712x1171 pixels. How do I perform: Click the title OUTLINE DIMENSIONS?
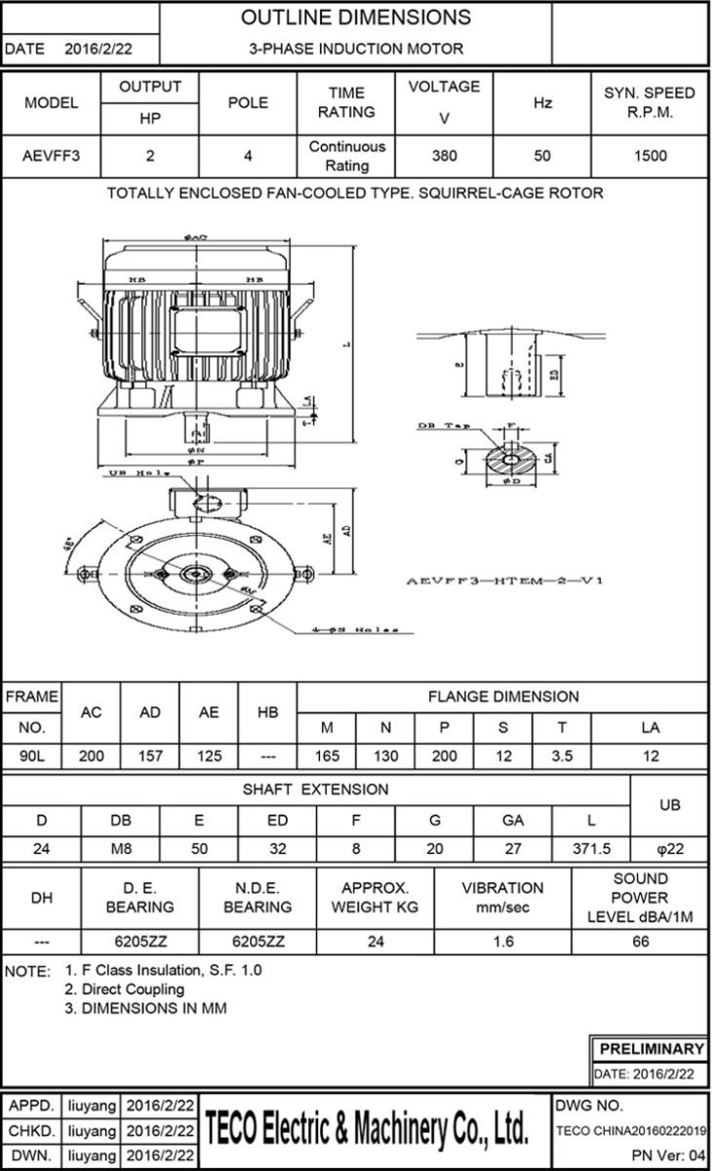tap(355, 18)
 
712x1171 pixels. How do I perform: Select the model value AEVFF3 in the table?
tap(51, 156)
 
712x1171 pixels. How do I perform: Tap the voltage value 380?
tap(444, 156)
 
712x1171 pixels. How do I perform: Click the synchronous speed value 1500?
tap(650, 156)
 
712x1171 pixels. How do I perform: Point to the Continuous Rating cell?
tap(346, 156)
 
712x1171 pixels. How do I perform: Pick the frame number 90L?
tap(31, 756)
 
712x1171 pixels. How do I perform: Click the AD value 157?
tap(150, 756)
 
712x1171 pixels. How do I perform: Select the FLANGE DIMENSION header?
tap(502, 697)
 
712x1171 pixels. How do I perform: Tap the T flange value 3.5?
tap(562, 756)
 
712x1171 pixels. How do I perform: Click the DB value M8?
tap(121, 849)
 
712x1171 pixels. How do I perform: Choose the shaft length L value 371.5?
tap(592, 849)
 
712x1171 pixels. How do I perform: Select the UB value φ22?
tap(670, 849)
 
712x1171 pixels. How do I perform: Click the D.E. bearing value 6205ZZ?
tap(140, 943)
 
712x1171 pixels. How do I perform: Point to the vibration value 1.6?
tap(502, 943)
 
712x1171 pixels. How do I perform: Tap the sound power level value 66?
tap(641, 943)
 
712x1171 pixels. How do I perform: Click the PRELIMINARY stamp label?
tap(651, 1049)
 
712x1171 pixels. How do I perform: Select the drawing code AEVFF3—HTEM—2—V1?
tap(504, 581)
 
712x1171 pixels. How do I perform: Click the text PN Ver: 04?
tap(668, 1155)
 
